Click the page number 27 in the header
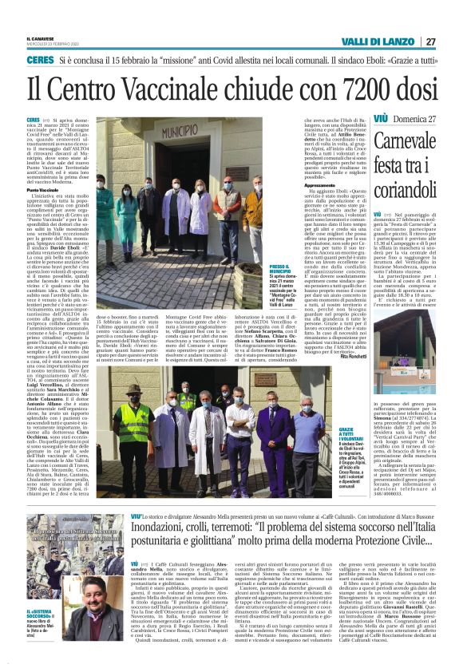click(431, 42)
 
